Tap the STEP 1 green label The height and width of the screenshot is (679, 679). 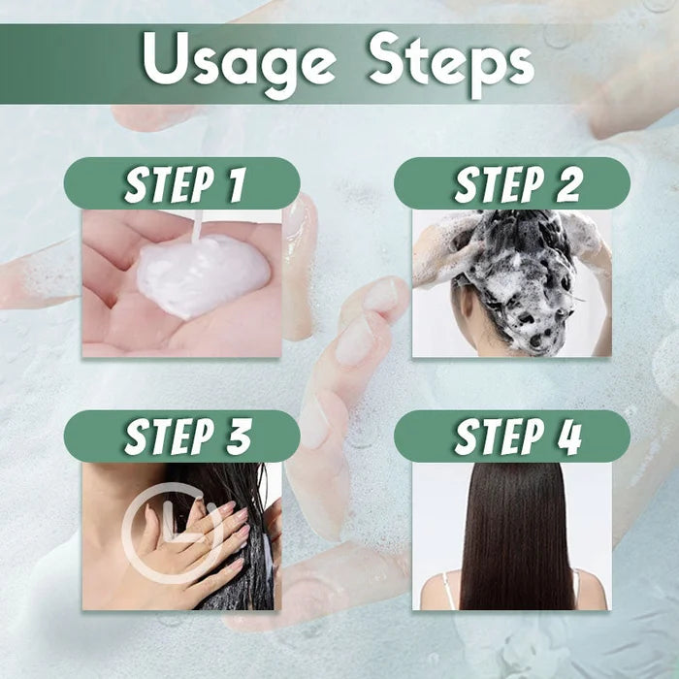click(182, 184)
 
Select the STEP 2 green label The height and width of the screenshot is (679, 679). click(512, 184)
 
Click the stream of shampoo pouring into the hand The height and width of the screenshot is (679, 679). click(197, 228)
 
